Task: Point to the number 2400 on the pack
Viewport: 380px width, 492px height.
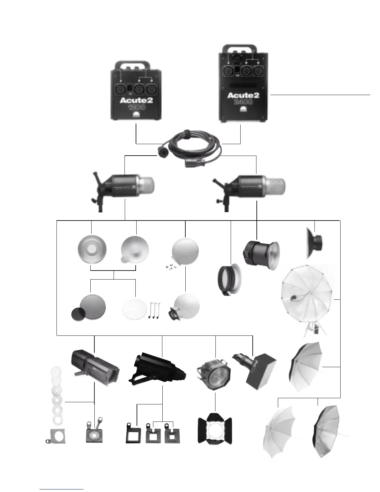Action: click(243, 102)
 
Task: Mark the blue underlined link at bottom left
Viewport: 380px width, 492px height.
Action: click(62, 489)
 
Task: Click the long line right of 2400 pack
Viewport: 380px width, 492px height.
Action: click(320, 94)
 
